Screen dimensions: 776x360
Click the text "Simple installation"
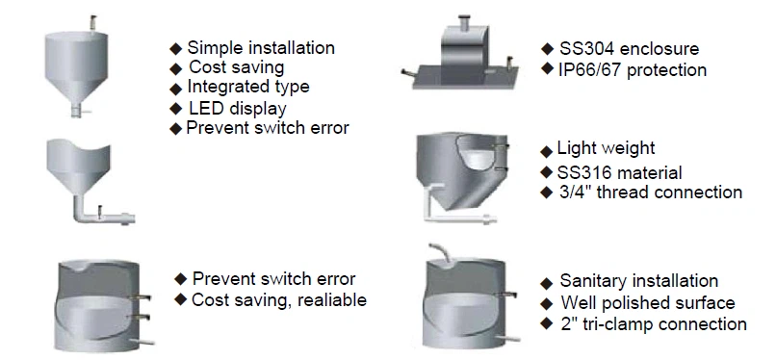(261, 48)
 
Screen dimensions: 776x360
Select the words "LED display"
(238, 109)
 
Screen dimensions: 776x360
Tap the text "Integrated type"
(248, 87)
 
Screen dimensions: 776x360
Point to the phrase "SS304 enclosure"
(629, 49)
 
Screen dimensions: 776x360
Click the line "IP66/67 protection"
(633, 69)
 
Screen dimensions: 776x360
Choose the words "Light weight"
(606, 148)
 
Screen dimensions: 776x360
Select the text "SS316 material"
(620, 172)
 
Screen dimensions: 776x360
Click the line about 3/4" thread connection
(651, 192)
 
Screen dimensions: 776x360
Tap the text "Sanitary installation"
(639, 281)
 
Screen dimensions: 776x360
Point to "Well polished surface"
(648, 302)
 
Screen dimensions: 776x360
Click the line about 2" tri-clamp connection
(654, 323)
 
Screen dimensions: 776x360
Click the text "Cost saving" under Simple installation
(237, 66)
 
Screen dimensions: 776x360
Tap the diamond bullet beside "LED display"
(175, 109)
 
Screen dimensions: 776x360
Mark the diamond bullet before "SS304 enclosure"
(547, 48)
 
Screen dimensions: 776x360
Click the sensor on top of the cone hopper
(92, 22)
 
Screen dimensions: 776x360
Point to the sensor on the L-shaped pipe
(100, 211)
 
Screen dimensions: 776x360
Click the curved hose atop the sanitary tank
(442, 252)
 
